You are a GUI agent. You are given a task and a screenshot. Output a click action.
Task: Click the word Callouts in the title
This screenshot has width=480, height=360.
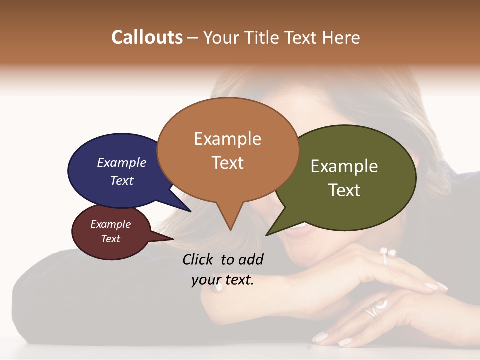pyautogui.click(x=147, y=37)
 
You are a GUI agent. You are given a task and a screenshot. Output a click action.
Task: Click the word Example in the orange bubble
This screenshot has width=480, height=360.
pyautogui.click(x=227, y=139)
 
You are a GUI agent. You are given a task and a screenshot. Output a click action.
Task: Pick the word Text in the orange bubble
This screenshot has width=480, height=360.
pyautogui.click(x=227, y=163)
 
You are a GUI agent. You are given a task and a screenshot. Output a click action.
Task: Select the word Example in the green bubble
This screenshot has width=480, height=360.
pyautogui.click(x=344, y=166)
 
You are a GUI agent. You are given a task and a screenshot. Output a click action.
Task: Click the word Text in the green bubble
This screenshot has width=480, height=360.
pyautogui.click(x=344, y=190)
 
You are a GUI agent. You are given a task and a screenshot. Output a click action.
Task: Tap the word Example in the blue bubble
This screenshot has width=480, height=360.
pyautogui.click(x=121, y=163)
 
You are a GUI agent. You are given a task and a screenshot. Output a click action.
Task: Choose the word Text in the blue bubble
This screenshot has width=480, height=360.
pyautogui.click(x=121, y=181)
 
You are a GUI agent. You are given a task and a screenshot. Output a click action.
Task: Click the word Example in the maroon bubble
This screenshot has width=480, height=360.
pyautogui.click(x=110, y=225)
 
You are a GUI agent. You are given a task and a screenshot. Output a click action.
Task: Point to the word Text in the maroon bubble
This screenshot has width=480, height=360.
pyautogui.click(x=110, y=239)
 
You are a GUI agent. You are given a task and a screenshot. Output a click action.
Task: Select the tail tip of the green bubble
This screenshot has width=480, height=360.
pyautogui.click(x=267, y=235)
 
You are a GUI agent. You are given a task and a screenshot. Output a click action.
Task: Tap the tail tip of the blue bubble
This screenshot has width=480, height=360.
pyautogui.click(x=190, y=211)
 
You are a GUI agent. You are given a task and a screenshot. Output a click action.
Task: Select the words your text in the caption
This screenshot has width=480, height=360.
pyautogui.click(x=222, y=280)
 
